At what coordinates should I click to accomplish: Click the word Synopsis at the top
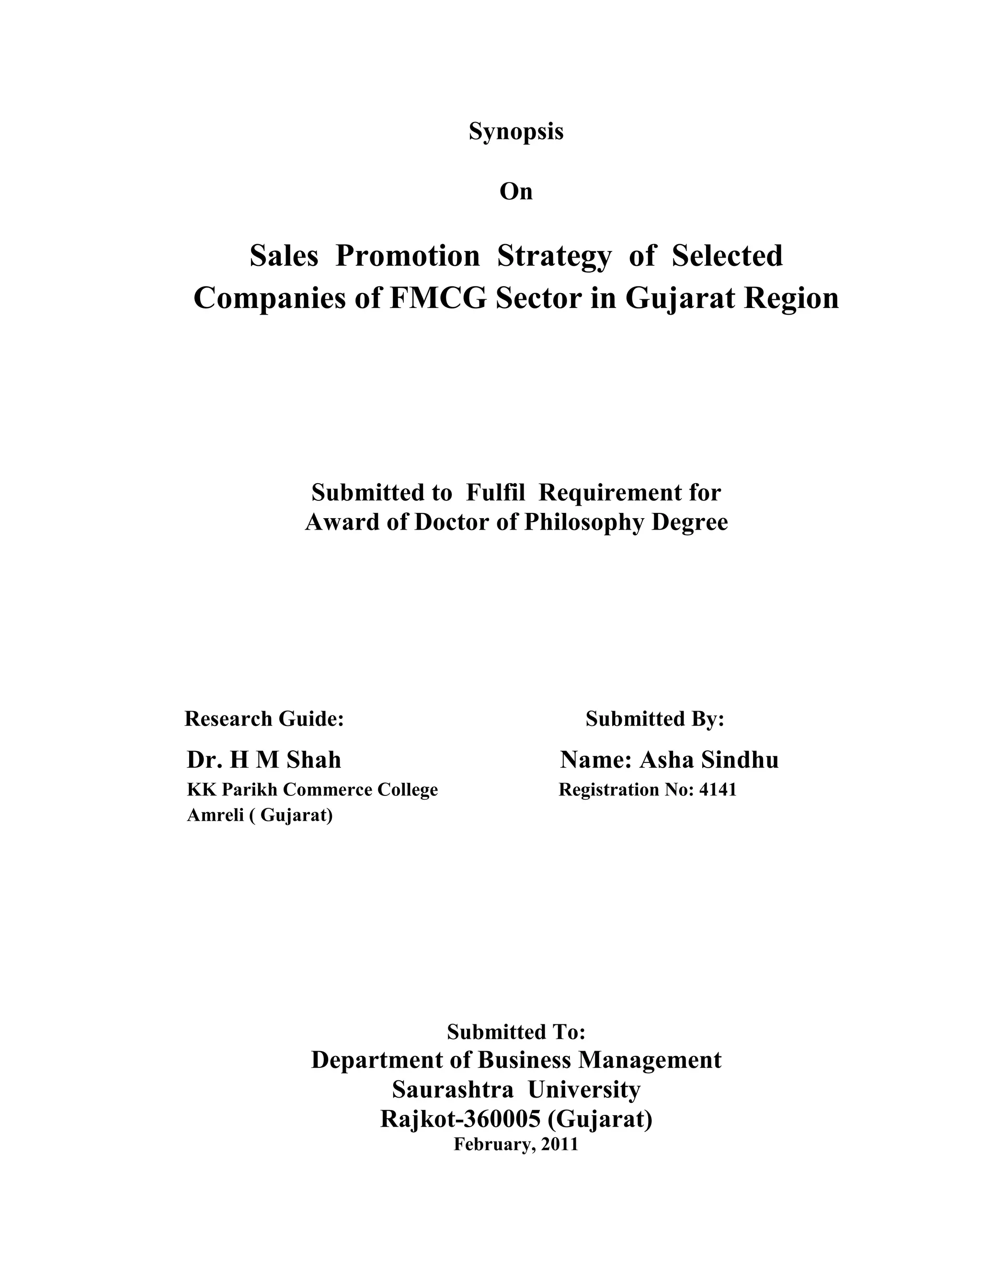tap(515, 132)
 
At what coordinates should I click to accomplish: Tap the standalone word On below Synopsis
tap(515, 192)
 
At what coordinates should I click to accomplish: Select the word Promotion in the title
tap(408, 256)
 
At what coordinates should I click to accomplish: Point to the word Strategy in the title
tap(554, 257)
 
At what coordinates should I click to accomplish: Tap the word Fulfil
tap(495, 493)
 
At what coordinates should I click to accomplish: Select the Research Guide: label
tap(264, 719)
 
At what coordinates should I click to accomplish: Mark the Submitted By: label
tap(655, 719)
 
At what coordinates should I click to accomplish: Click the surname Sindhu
tap(740, 760)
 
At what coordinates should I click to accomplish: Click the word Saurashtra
tap(453, 1089)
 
